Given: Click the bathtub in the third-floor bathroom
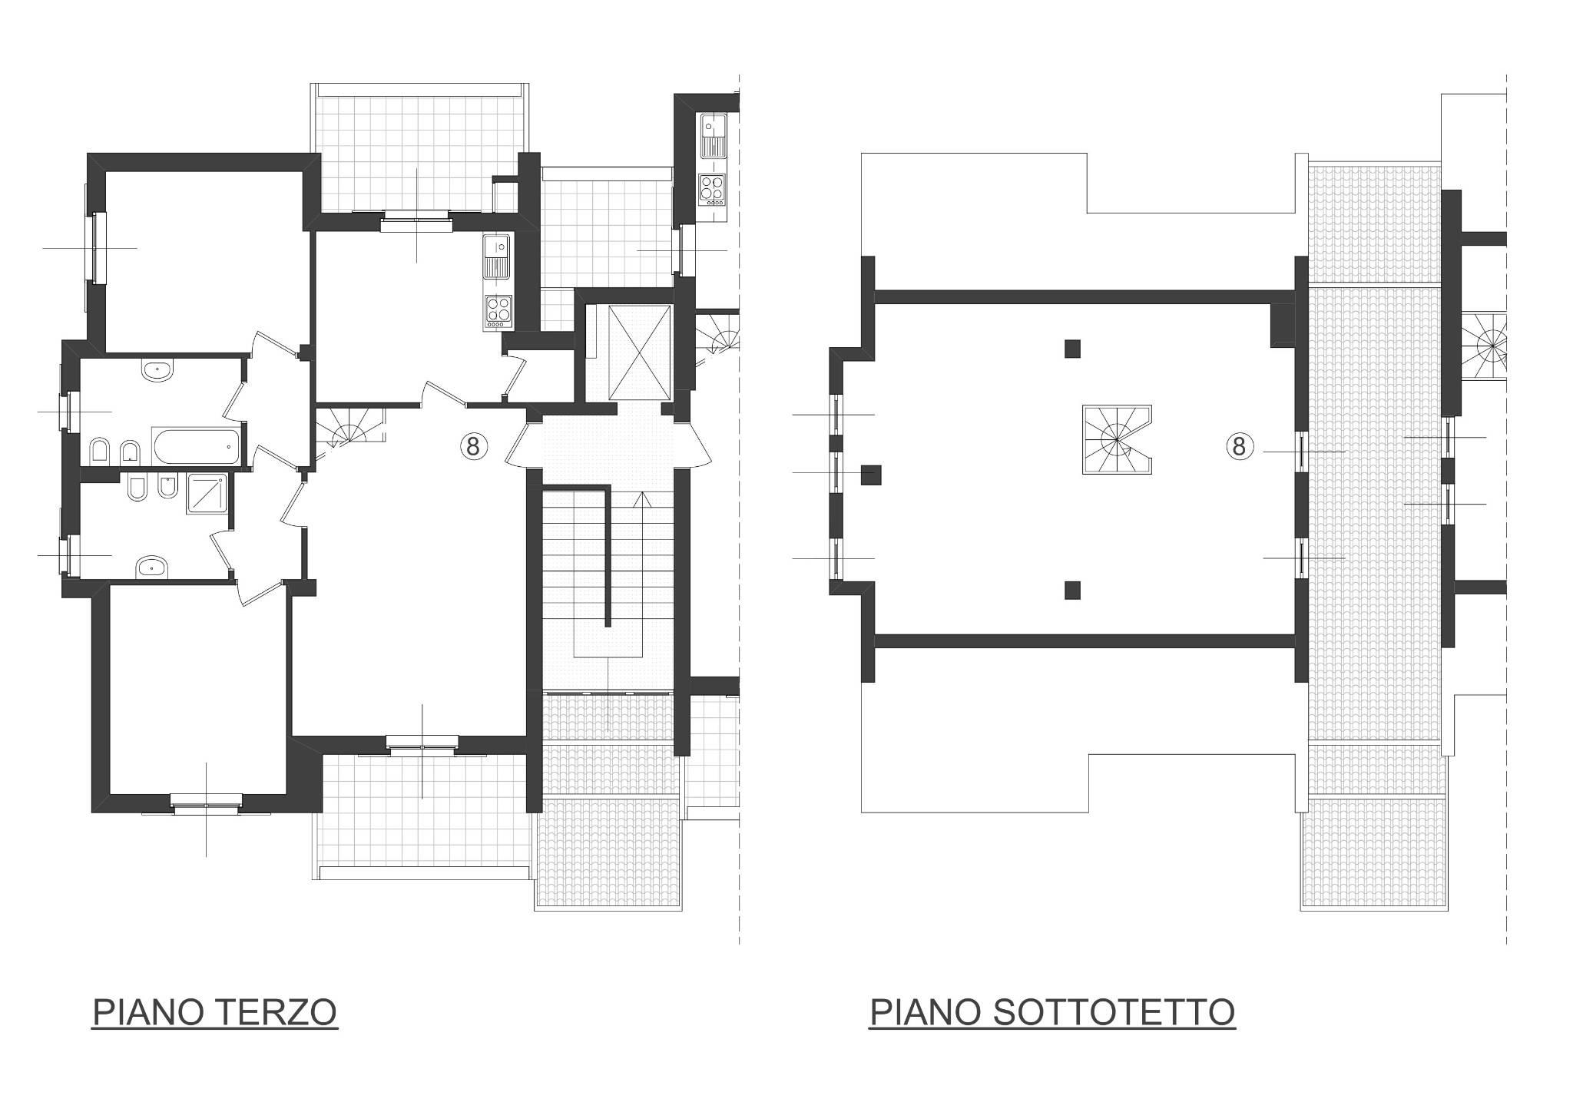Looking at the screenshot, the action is [x=195, y=446].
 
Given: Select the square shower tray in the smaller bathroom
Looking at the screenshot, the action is [x=207, y=493].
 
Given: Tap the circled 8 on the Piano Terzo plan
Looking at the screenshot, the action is [x=472, y=445].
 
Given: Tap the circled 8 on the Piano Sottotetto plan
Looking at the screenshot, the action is [x=1239, y=446].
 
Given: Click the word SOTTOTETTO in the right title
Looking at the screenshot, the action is [x=1113, y=1012].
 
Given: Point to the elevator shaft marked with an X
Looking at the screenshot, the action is [x=639, y=352].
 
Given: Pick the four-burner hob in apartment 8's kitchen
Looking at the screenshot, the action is [x=498, y=312].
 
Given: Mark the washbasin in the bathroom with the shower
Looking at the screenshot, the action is [x=152, y=568].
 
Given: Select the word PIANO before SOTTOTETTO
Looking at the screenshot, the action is [x=926, y=1012].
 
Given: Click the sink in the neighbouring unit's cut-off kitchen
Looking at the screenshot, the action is [x=712, y=135].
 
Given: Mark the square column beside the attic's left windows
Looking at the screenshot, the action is [x=870, y=475].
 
